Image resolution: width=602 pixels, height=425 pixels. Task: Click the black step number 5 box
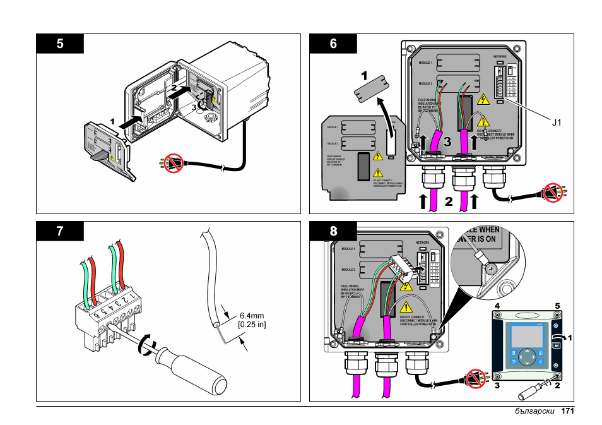60,44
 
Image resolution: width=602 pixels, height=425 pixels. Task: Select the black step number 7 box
60,231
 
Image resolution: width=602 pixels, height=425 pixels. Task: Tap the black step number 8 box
333,231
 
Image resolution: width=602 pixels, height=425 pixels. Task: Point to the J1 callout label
556,123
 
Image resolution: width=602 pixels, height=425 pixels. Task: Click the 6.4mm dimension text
252,316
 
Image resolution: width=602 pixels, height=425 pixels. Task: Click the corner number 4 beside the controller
497,306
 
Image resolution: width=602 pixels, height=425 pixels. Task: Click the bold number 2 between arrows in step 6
449,202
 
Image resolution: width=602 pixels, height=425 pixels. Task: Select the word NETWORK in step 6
500,56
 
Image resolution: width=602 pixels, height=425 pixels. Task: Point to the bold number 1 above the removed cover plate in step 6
364,75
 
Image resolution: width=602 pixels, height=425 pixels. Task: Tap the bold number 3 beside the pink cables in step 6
447,142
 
